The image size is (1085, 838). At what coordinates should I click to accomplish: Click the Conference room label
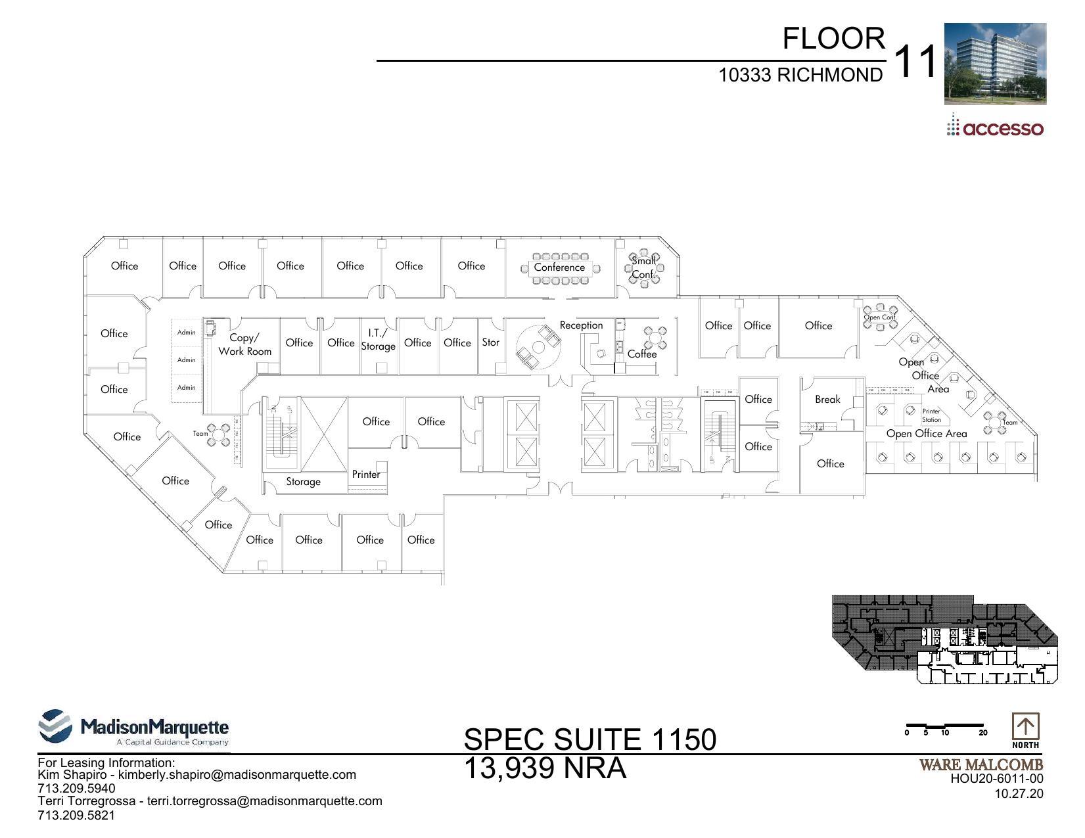[559, 268]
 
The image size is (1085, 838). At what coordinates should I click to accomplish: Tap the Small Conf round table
[643, 268]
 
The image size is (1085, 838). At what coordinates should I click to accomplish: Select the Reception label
[581, 325]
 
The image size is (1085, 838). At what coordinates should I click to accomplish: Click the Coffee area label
[642, 354]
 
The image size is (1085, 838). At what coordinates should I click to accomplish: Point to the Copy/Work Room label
[244, 344]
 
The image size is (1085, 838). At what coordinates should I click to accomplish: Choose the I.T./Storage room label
[378, 340]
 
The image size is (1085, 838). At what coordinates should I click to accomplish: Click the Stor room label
[490, 342]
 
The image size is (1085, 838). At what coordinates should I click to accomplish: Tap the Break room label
[827, 400]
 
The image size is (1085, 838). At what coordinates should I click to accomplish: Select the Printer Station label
[931, 415]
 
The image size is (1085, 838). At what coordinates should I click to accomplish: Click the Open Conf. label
[879, 317]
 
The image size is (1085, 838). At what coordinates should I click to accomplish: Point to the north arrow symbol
[1025, 728]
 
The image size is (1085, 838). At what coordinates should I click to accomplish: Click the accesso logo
[995, 127]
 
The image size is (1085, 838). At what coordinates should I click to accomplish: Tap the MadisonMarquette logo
[135, 728]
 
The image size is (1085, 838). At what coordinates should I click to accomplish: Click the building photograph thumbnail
[995, 64]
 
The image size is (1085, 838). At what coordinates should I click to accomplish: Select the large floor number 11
[915, 62]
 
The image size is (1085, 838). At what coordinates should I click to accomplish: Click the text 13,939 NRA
[545, 768]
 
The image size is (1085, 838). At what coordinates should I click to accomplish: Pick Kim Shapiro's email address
[237, 775]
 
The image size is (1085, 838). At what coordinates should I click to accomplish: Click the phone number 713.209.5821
[76, 816]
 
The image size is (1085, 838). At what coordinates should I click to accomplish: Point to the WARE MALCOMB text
[981, 765]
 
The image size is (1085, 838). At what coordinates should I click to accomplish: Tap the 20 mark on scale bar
[982, 733]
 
